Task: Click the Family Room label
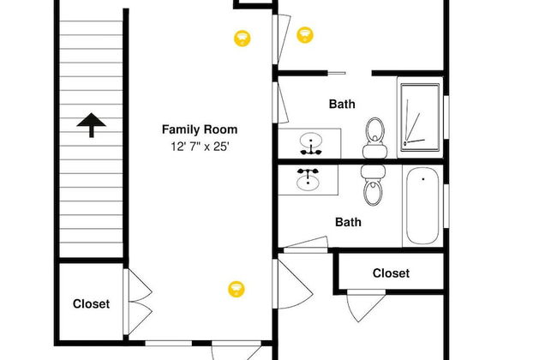tap(200, 129)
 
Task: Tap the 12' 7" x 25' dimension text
tap(200, 147)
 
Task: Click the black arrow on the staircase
tap(92, 125)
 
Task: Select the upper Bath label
tap(342, 104)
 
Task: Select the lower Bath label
tap(348, 222)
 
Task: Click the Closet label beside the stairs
tap(92, 303)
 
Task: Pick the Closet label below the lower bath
tap(391, 273)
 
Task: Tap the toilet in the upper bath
tap(375, 138)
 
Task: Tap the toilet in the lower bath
tap(373, 185)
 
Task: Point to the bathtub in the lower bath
tap(422, 206)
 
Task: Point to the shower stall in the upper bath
tap(420, 117)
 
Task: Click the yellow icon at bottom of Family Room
tap(237, 289)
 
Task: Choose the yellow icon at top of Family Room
tap(243, 38)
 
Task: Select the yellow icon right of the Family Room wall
tap(305, 35)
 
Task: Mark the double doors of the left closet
tap(138, 302)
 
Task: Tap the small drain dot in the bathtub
tap(422, 179)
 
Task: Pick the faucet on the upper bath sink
tap(311, 151)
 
